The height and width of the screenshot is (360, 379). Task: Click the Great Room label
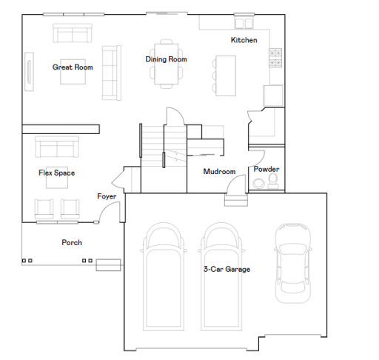[x=72, y=67]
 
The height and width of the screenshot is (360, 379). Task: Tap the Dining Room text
[x=166, y=59]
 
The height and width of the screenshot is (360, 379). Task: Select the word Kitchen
[x=244, y=40]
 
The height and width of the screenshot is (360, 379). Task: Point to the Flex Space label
[x=56, y=173]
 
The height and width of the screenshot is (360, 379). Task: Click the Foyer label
[x=107, y=196]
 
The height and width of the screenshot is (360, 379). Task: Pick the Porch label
[x=72, y=242]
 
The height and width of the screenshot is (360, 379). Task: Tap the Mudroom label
[x=219, y=172]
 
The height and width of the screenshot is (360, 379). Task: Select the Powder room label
[x=266, y=169]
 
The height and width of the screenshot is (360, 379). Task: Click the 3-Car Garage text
[x=227, y=270]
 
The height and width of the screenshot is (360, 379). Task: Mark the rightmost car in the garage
[x=293, y=263]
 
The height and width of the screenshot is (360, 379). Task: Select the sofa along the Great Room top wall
[x=72, y=33]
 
